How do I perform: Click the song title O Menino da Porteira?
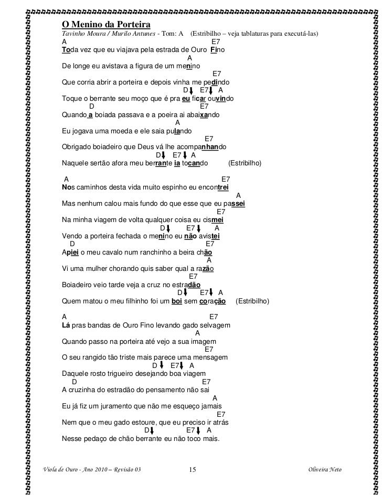pos(106,24)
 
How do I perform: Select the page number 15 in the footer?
pos(192,469)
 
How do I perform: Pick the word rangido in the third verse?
pos(102,357)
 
